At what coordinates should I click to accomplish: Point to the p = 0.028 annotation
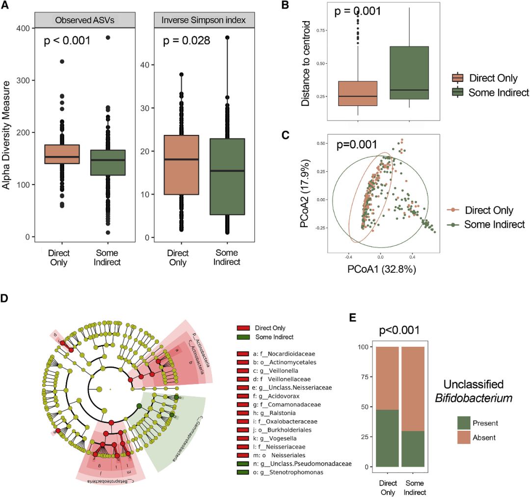pyautogui.click(x=186, y=40)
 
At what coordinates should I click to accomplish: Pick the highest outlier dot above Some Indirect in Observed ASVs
pyautogui.click(x=108, y=37)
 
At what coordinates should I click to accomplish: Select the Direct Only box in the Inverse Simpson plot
pyautogui.click(x=181, y=165)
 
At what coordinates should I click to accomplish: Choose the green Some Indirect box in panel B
pyautogui.click(x=409, y=73)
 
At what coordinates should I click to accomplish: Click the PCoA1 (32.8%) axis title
pyautogui.click(x=381, y=269)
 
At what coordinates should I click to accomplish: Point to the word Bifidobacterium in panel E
pyautogui.click(x=474, y=398)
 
